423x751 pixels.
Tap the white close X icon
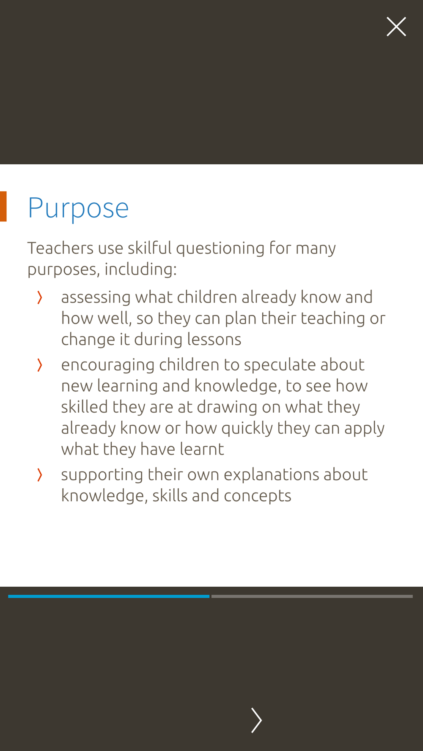(x=396, y=27)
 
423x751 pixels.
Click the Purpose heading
(x=78, y=208)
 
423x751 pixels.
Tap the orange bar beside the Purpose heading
(x=3, y=207)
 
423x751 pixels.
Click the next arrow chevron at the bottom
(x=256, y=720)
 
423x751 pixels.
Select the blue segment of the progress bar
(x=109, y=596)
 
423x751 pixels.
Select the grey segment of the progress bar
(x=312, y=596)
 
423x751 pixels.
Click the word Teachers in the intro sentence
(x=60, y=248)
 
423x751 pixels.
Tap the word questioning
(x=220, y=249)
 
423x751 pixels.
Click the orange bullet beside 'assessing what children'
(x=40, y=297)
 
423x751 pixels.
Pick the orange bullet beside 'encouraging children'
(x=40, y=365)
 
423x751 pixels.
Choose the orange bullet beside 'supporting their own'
(x=40, y=475)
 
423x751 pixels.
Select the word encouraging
(x=108, y=365)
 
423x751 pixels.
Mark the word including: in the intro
(x=140, y=269)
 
